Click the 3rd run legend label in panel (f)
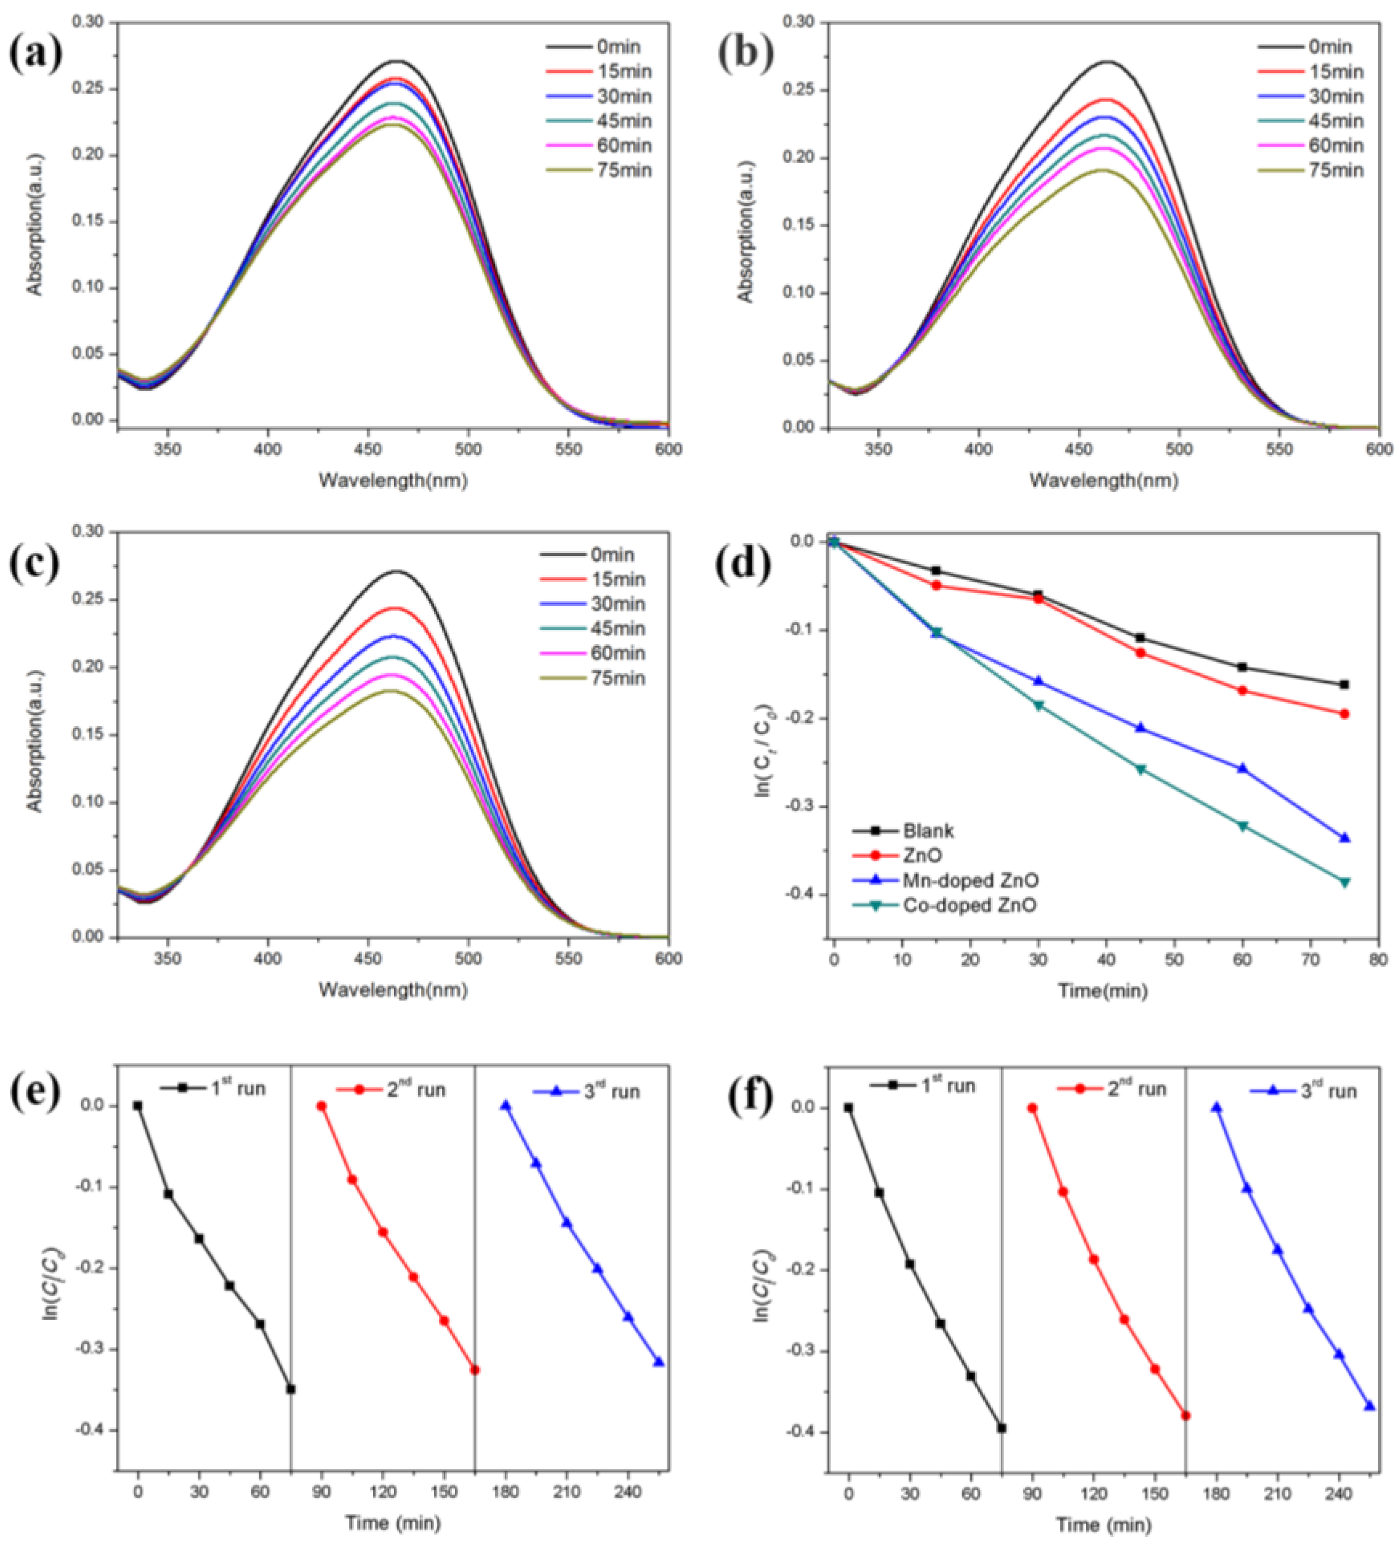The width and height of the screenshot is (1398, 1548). pyautogui.click(x=1328, y=1090)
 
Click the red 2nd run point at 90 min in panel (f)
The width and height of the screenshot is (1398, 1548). pyautogui.click(x=1032, y=1108)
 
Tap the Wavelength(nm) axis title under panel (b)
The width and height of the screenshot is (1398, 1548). pyautogui.click(x=1103, y=481)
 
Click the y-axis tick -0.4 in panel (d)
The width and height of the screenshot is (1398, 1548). pyautogui.click(x=801, y=895)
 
